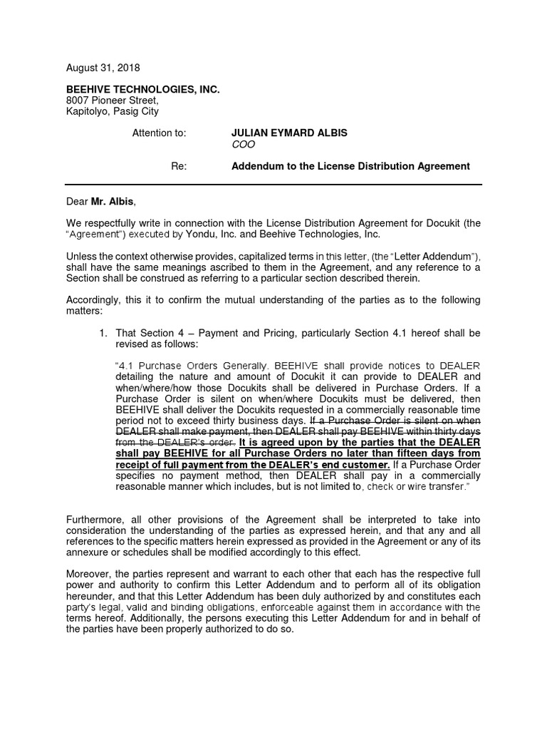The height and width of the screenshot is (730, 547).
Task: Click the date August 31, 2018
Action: pyautogui.click(x=103, y=68)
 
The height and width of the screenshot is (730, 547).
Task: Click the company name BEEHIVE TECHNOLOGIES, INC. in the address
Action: pyautogui.click(x=143, y=89)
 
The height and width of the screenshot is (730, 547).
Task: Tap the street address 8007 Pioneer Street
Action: pyautogui.click(x=113, y=101)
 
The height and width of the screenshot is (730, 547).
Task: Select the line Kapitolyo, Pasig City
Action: pyautogui.click(x=113, y=112)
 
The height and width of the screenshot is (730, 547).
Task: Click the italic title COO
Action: pyautogui.click(x=243, y=145)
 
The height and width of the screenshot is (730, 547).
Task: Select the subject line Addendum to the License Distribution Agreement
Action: pyautogui.click(x=350, y=166)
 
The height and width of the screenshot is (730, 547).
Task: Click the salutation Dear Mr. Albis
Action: pyautogui.click(x=100, y=202)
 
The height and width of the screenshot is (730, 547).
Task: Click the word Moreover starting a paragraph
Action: pyautogui.click(x=90, y=575)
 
